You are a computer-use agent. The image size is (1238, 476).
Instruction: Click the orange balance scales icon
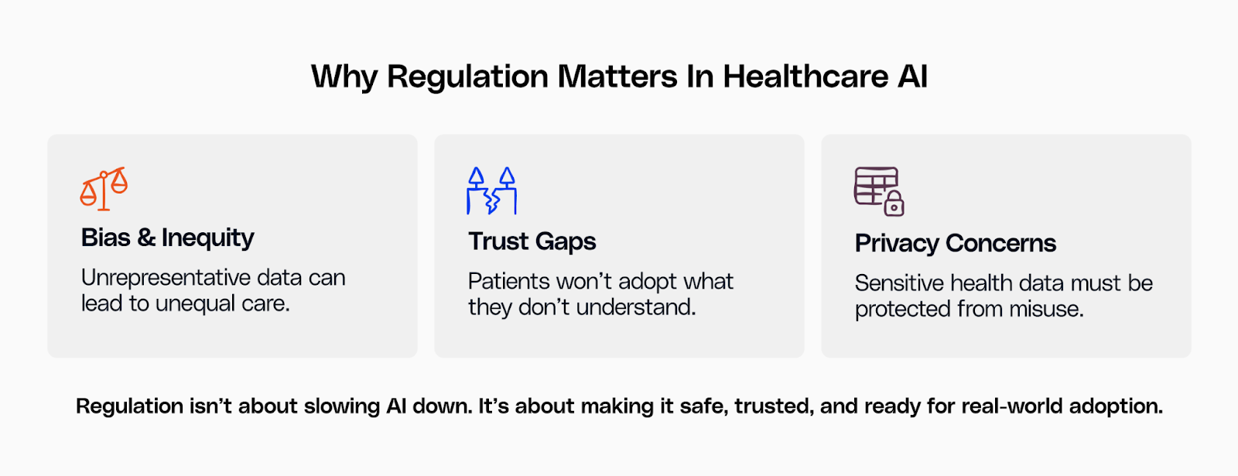click(x=104, y=188)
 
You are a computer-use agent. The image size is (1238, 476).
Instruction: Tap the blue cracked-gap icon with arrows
click(x=491, y=190)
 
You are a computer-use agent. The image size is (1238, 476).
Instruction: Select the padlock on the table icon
click(x=894, y=204)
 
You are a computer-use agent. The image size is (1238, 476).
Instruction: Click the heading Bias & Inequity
click(x=167, y=238)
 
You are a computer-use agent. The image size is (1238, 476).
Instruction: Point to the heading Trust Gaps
click(x=532, y=241)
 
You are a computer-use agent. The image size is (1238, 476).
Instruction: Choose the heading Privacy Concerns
click(x=955, y=243)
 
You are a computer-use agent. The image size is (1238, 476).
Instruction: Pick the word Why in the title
click(x=344, y=77)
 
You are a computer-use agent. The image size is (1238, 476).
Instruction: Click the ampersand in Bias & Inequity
click(x=146, y=238)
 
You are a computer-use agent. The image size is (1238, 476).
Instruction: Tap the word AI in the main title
click(x=912, y=77)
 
